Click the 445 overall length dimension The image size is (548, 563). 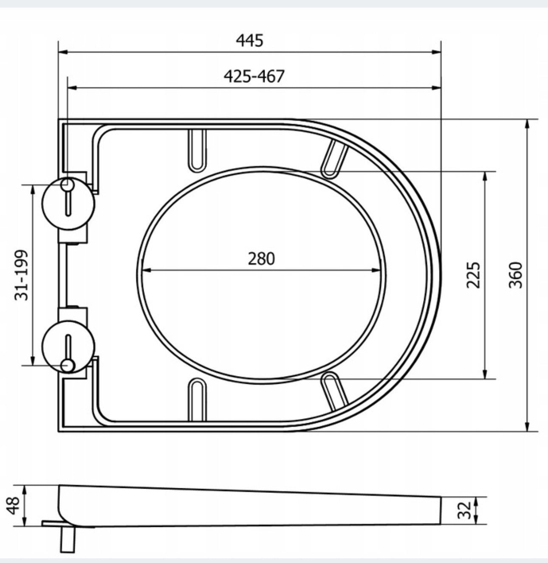coord(249,40)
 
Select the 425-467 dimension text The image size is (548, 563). coord(254,76)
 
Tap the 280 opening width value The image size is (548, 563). coord(261,259)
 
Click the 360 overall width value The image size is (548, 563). coord(516,275)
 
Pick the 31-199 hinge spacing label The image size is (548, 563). coord(22,275)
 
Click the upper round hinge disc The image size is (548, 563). coord(68,203)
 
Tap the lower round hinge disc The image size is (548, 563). coord(68,346)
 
